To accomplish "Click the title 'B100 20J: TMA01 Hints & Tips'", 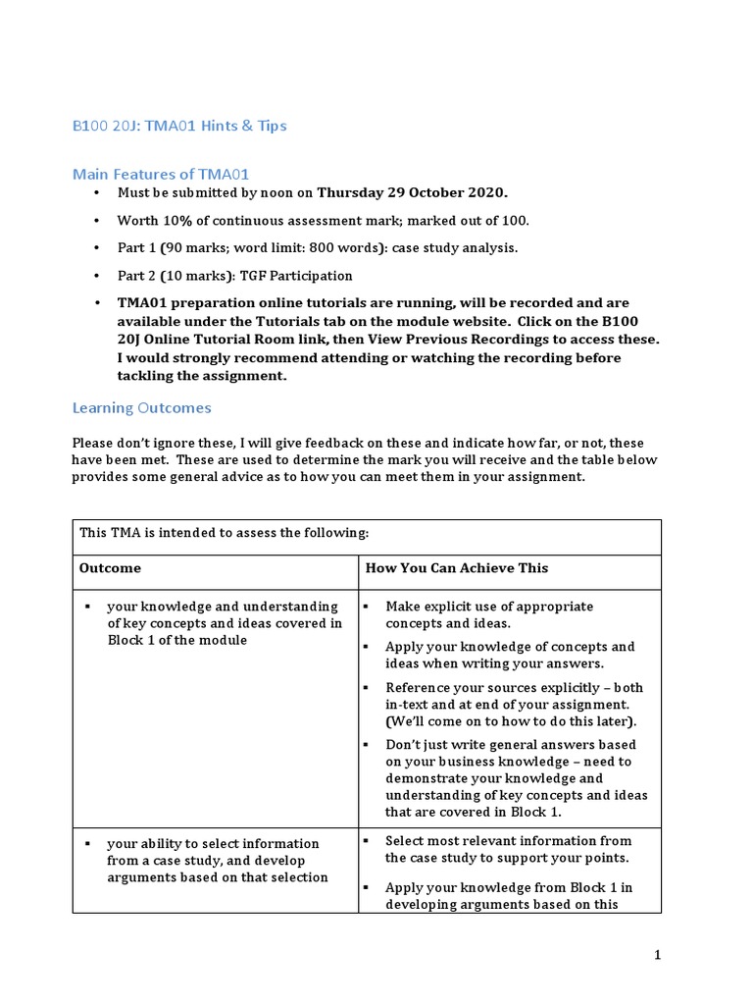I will click(x=179, y=126).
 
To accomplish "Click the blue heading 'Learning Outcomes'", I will click(x=141, y=407).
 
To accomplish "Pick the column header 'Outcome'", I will click(x=110, y=568).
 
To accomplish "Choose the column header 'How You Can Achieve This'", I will click(x=457, y=568).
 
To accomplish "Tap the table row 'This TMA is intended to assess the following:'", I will click(x=224, y=533).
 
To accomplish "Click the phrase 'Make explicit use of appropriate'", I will click(x=488, y=607).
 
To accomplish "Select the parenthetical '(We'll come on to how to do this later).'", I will click(x=496, y=721).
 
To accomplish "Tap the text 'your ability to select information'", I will click(x=213, y=843).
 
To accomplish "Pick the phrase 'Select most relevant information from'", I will click(x=508, y=840).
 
